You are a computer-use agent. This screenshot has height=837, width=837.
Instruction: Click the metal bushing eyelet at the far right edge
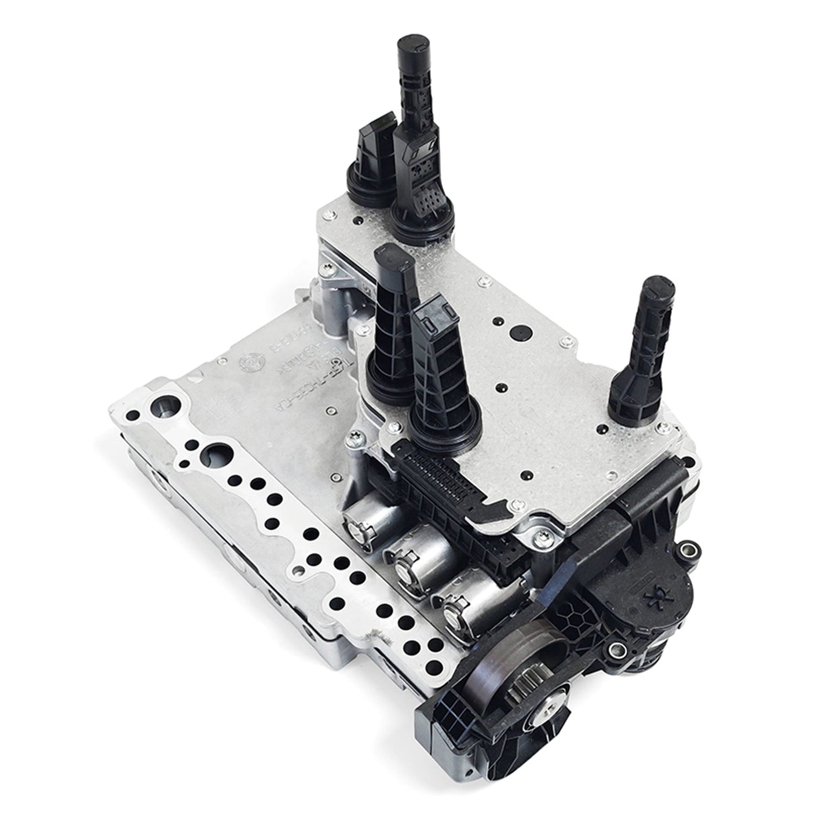(689, 547)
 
